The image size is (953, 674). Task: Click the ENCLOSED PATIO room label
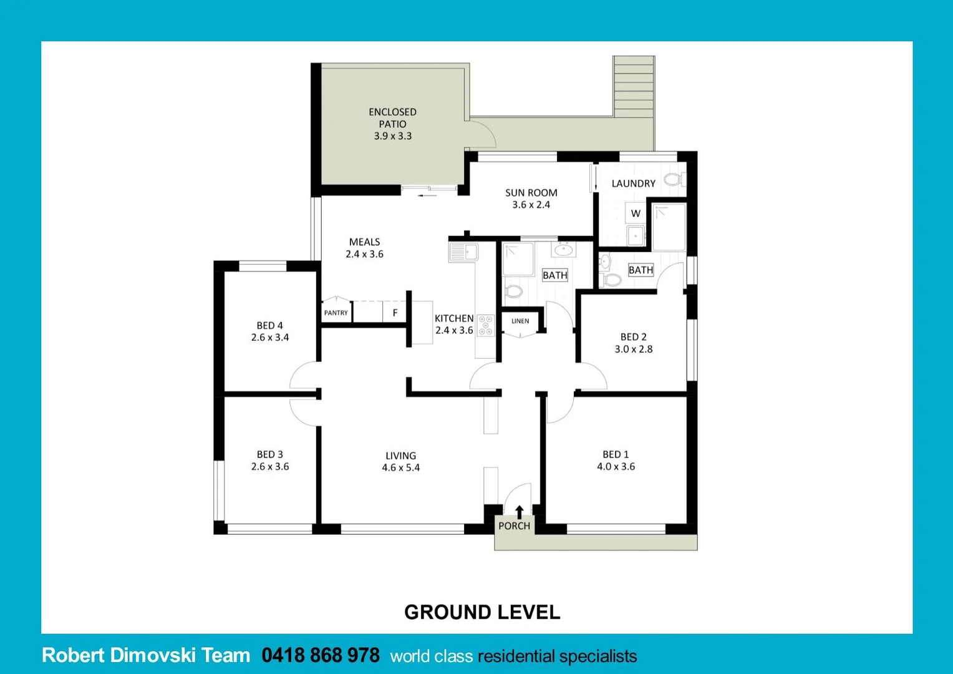[392, 124]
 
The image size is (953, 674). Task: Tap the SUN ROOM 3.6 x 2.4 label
[531, 198]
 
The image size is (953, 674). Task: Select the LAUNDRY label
[633, 183]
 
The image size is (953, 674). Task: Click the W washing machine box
[636, 213]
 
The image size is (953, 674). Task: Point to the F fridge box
[395, 313]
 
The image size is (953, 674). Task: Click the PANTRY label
[336, 313]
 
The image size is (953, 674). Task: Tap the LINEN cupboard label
[520, 321]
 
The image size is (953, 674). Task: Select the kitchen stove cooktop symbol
[485, 326]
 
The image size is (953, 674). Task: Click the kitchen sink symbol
[463, 252]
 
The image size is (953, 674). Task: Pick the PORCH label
[514, 525]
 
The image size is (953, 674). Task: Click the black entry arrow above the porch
[519, 512]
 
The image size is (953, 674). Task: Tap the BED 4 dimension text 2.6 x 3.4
[270, 338]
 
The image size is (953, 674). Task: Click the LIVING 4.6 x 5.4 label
[400, 462]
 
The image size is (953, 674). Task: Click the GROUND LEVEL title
[482, 612]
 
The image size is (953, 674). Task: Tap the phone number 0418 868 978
[321, 655]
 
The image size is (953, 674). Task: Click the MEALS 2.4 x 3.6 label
[364, 248]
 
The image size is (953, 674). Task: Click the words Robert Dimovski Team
[146, 655]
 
